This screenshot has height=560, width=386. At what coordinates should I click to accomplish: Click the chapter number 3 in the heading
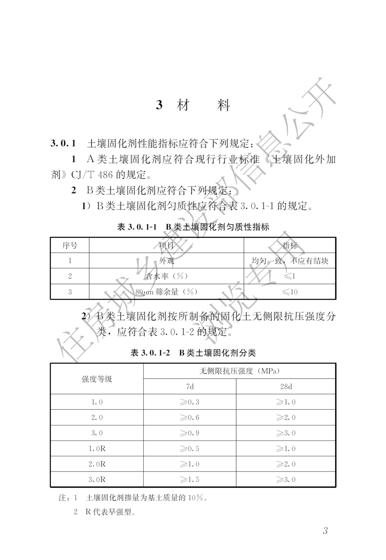tap(159, 105)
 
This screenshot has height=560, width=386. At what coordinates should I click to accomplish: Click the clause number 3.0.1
tap(63, 144)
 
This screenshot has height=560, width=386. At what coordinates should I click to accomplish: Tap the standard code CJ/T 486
tap(92, 175)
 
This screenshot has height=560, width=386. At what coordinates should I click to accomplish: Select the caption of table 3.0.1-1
tap(193, 227)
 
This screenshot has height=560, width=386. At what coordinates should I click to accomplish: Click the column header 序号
tap(70, 245)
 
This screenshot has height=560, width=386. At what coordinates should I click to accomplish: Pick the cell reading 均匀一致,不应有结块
tap(290, 261)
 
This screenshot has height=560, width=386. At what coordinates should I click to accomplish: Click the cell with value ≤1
tap(290, 276)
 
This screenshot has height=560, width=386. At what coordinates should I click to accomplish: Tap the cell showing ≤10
tap(290, 292)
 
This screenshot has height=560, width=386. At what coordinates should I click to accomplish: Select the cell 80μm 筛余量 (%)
tap(166, 292)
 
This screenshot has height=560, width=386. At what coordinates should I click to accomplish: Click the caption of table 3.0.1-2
tap(193, 352)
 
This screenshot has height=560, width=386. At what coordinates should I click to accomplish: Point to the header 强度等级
tap(97, 379)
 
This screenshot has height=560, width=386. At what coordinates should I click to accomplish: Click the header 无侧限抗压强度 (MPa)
tap(239, 371)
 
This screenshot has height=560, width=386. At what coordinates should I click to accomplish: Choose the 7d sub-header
tap(190, 386)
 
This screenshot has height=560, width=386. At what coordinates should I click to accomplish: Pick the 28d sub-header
tap(286, 386)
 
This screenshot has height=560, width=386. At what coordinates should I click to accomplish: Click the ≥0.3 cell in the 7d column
tap(190, 402)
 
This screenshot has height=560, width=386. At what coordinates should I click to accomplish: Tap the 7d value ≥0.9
tap(190, 433)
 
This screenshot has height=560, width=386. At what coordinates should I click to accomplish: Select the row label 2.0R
tap(97, 464)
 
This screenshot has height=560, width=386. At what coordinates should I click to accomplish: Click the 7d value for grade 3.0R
tap(190, 480)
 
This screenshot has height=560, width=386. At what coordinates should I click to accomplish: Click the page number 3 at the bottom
tap(325, 531)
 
